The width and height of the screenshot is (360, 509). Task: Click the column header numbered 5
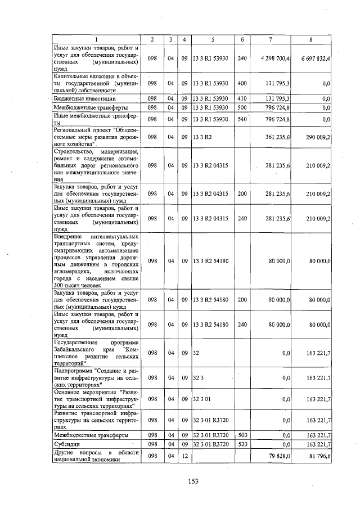tap(213, 39)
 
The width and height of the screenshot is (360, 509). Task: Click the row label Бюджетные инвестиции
tap(76, 99)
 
